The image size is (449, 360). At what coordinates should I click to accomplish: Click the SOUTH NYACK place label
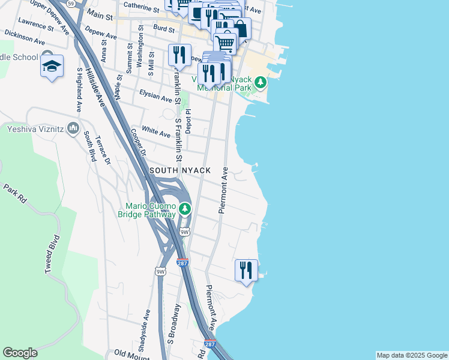click(x=180, y=170)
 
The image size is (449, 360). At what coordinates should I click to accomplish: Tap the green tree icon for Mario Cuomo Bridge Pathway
click(x=185, y=209)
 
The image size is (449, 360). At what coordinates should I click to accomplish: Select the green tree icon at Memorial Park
click(x=261, y=82)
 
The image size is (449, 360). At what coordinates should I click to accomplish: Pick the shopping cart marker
click(x=225, y=43)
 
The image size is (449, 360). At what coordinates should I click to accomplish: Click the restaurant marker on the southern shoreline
click(x=246, y=271)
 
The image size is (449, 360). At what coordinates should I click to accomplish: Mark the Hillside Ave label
click(x=95, y=88)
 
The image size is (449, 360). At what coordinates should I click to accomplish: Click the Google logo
click(x=20, y=353)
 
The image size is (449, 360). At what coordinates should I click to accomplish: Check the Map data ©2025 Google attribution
click(x=412, y=355)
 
